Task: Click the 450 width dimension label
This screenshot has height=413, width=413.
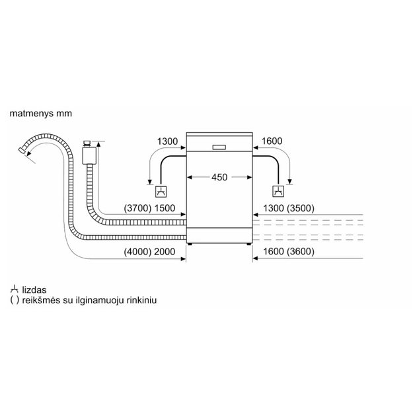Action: coord(219,177)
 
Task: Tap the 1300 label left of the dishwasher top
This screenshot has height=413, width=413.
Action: coord(168,141)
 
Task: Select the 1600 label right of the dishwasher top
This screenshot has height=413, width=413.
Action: coord(272,141)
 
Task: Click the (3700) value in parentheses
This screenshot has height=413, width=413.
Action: coord(137,208)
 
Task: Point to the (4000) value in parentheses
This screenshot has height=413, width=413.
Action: coord(137,252)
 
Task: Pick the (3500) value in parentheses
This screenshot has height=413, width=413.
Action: coord(301,208)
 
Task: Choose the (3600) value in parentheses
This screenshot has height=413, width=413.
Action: coord(301,252)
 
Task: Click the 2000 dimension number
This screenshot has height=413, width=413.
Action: coord(165,252)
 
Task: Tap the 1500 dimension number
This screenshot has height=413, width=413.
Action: coord(165,208)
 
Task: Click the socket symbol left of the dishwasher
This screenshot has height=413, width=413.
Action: coord(161,192)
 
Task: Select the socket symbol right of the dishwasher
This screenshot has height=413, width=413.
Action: coord(278,192)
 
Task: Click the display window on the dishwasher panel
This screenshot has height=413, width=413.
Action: coord(219,147)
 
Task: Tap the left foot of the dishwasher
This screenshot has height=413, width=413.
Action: coord(190,244)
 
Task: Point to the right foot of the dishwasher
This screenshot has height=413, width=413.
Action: coord(248,244)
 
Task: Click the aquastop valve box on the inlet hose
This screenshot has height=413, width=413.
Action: coord(89,155)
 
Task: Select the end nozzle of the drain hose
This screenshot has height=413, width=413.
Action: coord(21,151)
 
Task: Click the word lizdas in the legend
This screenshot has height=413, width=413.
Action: coord(34,290)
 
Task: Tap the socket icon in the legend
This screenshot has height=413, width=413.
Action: coord(14,289)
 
